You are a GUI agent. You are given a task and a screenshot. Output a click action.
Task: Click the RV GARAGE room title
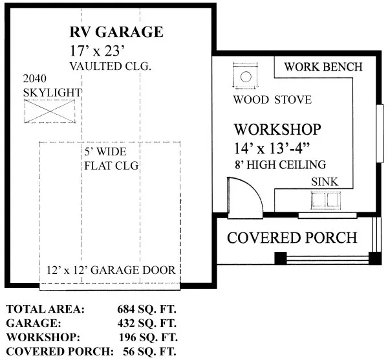[x=116, y=32]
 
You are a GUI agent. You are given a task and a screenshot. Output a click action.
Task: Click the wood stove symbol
[x=246, y=77]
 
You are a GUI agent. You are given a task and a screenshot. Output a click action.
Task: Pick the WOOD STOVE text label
[x=272, y=100]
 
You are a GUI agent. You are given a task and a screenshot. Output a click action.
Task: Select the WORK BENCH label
[x=323, y=67]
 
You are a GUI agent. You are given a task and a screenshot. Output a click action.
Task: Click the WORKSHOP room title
[x=277, y=129]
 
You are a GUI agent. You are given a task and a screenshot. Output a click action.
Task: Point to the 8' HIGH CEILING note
[x=280, y=164]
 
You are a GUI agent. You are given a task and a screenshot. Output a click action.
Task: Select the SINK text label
[x=324, y=182]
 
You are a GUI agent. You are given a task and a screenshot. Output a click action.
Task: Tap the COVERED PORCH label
[x=292, y=237]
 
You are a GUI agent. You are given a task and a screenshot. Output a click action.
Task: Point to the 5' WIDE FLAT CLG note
[x=111, y=159]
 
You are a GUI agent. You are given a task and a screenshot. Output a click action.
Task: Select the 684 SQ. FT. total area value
[x=148, y=309]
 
